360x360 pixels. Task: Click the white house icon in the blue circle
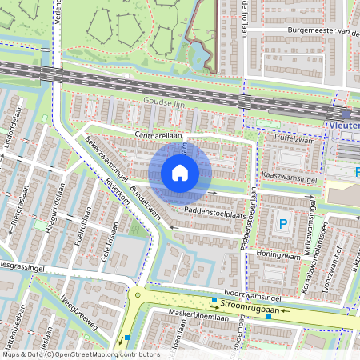(180, 172)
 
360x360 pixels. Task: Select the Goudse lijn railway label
(158, 102)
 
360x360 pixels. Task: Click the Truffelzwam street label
(295, 138)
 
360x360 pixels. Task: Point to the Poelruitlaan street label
(81, 227)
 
